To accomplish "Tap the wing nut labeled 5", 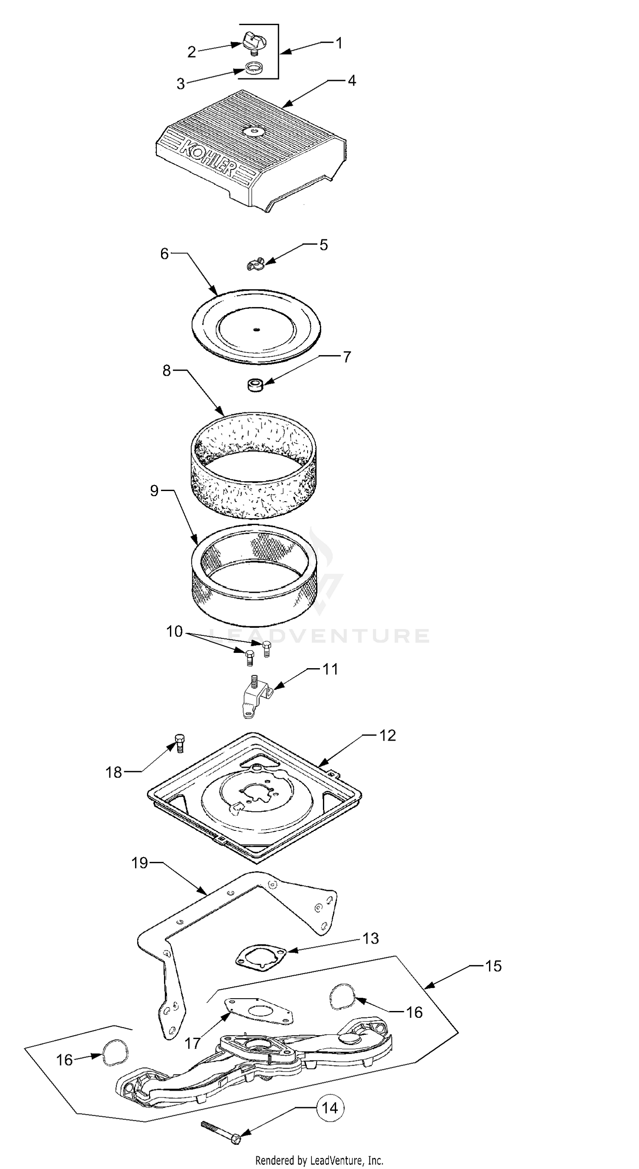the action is tap(256, 264).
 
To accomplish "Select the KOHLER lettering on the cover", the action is tap(208, 158).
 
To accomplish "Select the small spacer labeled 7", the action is tap(256, 386).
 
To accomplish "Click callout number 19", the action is tap(140, 863).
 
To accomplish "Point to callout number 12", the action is tap(388, 735).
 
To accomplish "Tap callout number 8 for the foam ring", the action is tap(167, 371).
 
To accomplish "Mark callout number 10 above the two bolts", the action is tap(174, 631).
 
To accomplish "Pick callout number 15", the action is tap(493, 966).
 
